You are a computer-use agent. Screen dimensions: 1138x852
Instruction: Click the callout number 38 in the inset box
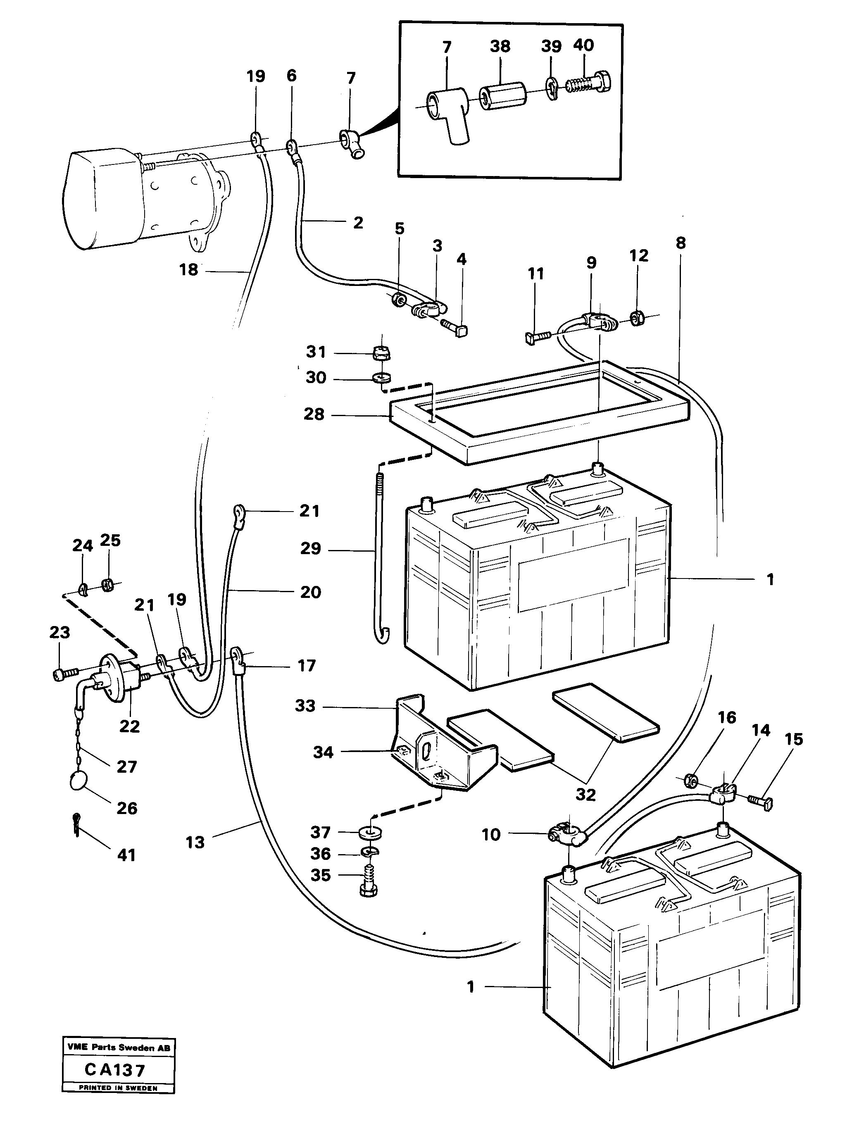(x=500, y=46)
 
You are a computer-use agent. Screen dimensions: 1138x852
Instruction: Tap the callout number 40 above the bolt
(x=583, y=45)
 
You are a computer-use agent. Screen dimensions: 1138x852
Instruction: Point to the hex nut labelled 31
(x=381, y=353)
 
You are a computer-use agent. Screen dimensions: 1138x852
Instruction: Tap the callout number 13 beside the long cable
(x=195, y=842)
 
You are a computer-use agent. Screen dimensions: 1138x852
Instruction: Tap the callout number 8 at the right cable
(x=680, y=243)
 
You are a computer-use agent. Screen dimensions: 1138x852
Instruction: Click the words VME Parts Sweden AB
(x=118, y=1048)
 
